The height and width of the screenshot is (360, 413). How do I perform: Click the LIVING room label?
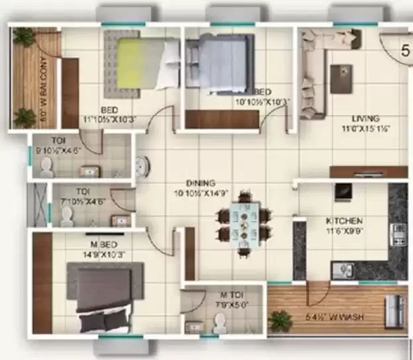(x=355, y=120)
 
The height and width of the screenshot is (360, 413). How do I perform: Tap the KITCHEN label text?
(x=344, y=220)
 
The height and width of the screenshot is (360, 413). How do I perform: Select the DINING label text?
(x=201, y=183)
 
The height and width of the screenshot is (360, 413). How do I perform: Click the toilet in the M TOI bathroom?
(x=218, y=322)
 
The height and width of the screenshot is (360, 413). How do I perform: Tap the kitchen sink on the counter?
(x=342, y=270)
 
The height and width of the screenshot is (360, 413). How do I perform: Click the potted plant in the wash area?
(x=281, y=322)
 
